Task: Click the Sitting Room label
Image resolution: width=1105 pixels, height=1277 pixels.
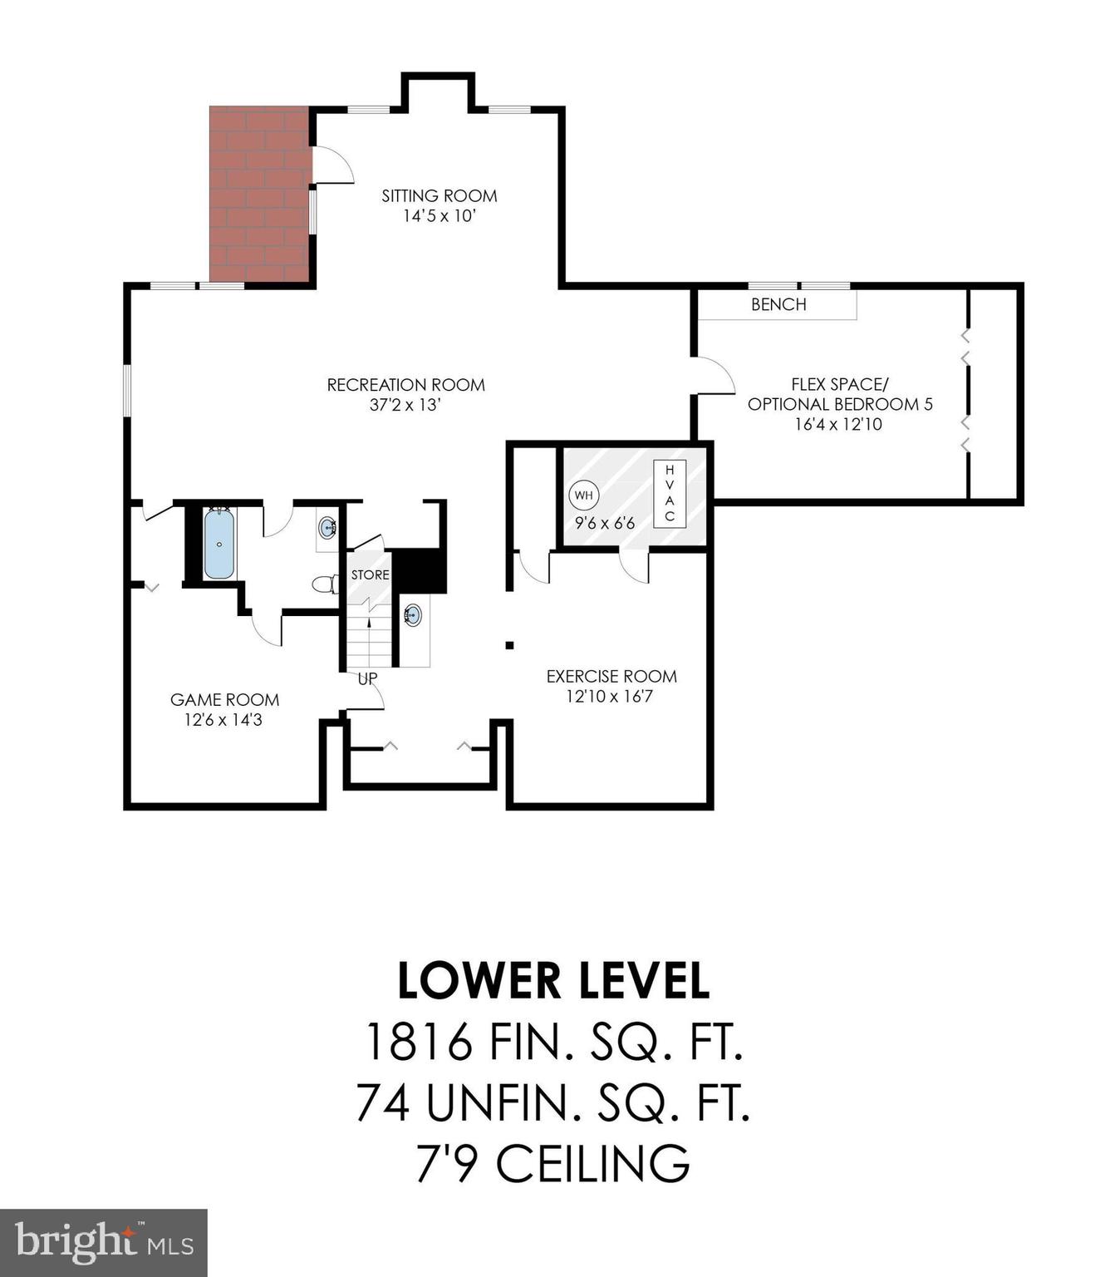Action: pyautogui.click(x=439, y=196)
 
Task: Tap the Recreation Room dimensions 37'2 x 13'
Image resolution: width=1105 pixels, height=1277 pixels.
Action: pyautogui.click(x=405, y=406)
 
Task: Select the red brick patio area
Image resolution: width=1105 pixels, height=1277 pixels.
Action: pyautogui.click(x=259, y=195)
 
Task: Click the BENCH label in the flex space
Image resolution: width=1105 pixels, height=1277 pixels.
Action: pyautogui.click(x=778, y=304)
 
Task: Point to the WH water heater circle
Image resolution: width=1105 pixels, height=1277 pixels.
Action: pyautogui.click(x=583, y=496)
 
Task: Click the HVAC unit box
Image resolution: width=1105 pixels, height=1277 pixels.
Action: pyautogui.click(x=670, y=493)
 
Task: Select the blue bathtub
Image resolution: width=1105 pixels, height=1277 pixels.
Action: pyautogui.click(x=219, y=545)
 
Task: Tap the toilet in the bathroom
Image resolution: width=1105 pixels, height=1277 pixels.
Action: pyautogui.click(x=325, y=584)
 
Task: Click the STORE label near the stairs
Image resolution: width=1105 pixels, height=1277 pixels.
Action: pyautogui.click(x=370, y=574)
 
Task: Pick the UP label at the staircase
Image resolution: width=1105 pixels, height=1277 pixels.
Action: pyautogui.click(x=367, y=678)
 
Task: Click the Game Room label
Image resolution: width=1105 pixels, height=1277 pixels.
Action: pyautogui.click(x=224, y=700)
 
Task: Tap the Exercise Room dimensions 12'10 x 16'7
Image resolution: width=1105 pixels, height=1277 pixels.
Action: pyautogui.click(x=610, y=697)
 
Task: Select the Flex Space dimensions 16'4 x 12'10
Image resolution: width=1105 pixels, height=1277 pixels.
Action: pyautogui.click(x=838, y=424)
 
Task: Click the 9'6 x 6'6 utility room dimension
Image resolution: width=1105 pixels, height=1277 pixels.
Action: pyautogui.click(x=605, y=524)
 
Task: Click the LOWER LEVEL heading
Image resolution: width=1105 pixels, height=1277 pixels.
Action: pyautogui.click(x=553, y=981)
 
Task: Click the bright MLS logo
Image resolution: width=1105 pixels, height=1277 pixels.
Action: pyautogui.click(x=104, y=1243)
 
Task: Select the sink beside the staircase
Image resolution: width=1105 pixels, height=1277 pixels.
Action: pyautogui.click(x=413, y=615)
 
